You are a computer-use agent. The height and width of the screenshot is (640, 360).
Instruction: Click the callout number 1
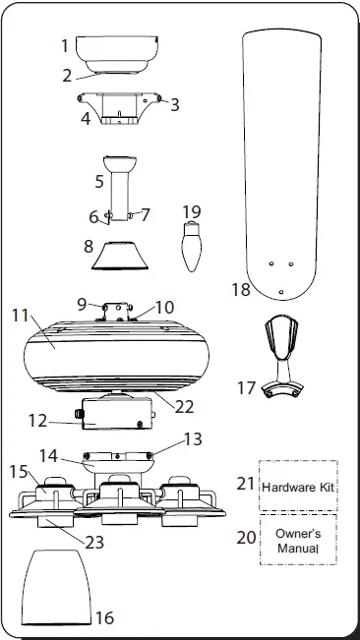(65, 45)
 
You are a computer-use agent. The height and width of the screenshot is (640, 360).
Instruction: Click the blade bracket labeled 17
(286, 354)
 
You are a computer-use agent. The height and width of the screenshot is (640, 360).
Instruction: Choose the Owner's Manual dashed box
(298, 539)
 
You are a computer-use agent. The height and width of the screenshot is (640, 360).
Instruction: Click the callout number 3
(175, 103)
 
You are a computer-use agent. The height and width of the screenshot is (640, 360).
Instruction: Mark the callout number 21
(245, 484)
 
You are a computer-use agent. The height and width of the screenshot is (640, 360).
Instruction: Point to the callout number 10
(164, 308)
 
